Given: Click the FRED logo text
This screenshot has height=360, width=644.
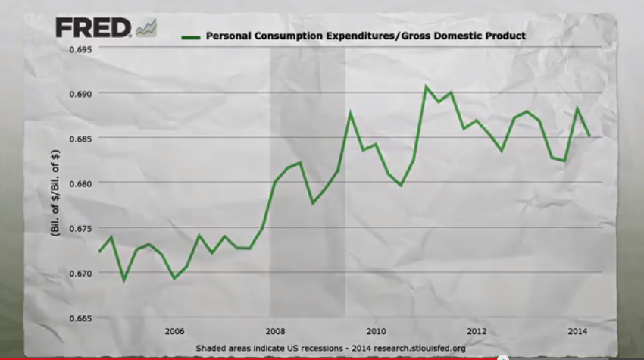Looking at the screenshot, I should pyautogui.click(x=93, y=30).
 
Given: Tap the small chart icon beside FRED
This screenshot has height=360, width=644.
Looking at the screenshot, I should pyautogui.click(x=145, y=28).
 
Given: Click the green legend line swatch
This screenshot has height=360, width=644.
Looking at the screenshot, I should pyautogui.click(x=191, y=36).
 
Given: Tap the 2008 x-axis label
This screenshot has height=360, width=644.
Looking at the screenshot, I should pyautogui.click(x=275, y=330).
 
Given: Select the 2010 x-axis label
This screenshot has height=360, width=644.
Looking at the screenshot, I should pyautogui.click(x=377, y=330).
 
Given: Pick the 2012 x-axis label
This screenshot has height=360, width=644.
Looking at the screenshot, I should pyautogui.click(x=477, y=330).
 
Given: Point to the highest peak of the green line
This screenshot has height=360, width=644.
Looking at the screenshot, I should pyautogui.click(x=426, y=86).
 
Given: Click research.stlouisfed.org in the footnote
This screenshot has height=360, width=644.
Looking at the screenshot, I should pyautogui.click(x=416, y=348).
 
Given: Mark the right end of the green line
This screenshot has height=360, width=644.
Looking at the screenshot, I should pyautogui.click(x=589, y=136).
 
